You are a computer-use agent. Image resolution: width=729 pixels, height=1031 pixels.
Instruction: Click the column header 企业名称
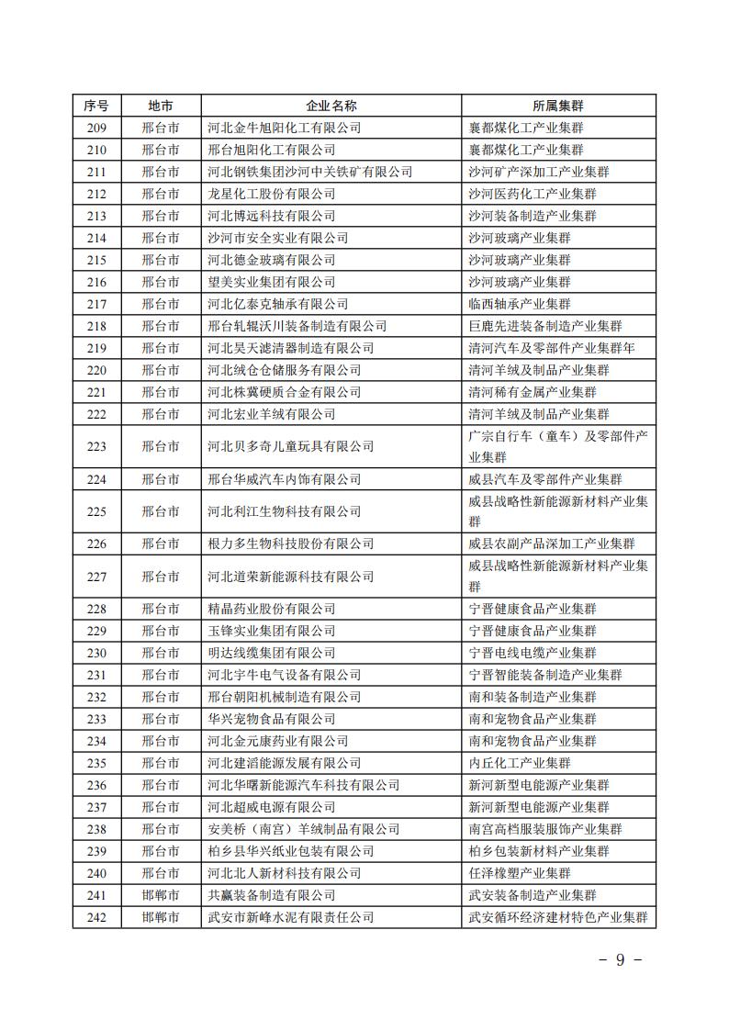[x=331, y=106]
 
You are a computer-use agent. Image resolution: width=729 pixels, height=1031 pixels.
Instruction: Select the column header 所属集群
[x=557, y=106]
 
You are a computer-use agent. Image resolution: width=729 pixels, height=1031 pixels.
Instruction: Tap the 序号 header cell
[x=96, y=106]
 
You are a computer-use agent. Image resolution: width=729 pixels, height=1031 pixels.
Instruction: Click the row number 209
[x=96, y=128]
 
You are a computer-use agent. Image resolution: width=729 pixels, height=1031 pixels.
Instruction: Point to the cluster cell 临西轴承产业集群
[x=519, y=304]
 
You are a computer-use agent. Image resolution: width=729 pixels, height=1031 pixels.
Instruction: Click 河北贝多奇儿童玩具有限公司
[x=291, y=446]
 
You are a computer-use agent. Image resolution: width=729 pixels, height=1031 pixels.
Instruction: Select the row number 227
[x=96, y=577]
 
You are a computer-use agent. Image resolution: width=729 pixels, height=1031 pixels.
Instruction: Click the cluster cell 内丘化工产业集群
[x=519, y=763]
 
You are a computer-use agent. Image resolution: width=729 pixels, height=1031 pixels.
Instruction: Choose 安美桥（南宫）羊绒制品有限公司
[x=304, y=829]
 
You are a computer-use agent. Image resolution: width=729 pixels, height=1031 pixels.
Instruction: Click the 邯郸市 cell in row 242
[x=161, y=917]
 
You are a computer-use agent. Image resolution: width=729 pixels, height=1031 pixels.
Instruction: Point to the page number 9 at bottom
[x=620, y=960]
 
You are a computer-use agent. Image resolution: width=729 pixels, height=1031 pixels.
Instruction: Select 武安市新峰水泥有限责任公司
[x=291, y=917]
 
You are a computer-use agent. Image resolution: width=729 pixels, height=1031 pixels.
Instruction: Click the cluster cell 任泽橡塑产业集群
[x=519, y=873]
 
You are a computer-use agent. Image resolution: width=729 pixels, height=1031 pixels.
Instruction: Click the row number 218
[x=96, y=326]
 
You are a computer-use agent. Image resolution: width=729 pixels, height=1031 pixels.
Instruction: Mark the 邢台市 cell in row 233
[x=161, y=719]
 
